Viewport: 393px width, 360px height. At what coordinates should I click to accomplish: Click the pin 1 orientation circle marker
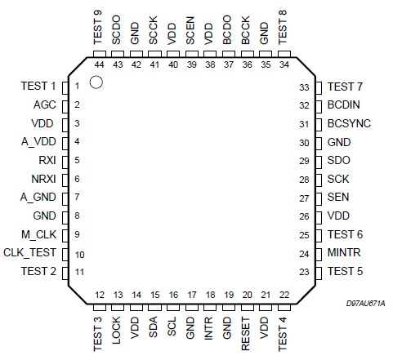coord(96,82)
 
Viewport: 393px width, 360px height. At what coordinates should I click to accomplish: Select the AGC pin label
coord(45,104)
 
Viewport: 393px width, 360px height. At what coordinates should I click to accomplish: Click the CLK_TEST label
coord(30,253)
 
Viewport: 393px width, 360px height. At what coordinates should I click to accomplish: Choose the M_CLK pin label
coord(40,234)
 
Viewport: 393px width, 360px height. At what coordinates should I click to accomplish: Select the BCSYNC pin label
coord(349,123)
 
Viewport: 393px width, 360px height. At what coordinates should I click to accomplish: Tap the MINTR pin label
coord(344,253)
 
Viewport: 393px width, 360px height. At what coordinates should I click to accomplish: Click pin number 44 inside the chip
coord(98,64)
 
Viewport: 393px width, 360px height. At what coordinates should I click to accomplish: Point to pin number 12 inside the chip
coord(99,295)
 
